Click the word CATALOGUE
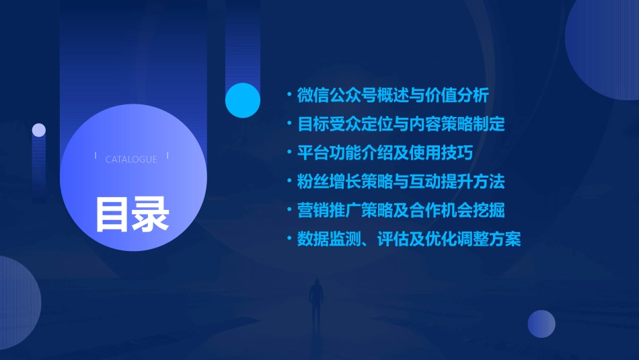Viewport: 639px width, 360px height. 131,159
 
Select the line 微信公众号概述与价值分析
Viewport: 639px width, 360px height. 393,95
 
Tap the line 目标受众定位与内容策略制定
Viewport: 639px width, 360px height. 401,124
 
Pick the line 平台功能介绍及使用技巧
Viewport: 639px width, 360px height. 385,153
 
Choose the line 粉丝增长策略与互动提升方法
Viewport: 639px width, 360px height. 401,181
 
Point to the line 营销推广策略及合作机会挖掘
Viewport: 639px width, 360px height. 401,210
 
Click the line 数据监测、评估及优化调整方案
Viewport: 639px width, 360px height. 409,239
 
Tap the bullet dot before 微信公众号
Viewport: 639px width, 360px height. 289,95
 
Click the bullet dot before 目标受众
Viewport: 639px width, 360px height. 289,124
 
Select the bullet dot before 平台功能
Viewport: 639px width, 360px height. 289,153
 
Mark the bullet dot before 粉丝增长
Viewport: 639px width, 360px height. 289,181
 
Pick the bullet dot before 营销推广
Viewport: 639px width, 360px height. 289,210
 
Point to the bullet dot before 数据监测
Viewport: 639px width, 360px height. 289,239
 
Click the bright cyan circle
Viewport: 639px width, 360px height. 243,100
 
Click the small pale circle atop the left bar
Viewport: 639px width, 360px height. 39,130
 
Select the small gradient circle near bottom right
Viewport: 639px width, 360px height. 541,324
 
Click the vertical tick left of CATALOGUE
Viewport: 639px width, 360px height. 96,156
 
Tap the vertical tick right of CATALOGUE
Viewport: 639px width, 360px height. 167,156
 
